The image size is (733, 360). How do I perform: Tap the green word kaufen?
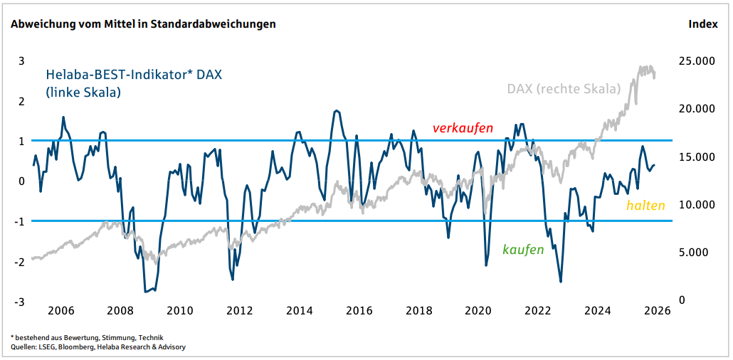coord(523,249)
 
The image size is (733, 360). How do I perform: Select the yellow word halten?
coord(645,206)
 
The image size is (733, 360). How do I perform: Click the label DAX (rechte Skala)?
coord(564,89)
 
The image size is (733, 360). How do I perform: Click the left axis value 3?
coord(21,60)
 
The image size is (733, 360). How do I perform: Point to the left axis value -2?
coord(20,262)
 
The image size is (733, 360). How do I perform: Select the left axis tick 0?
coord(21,181)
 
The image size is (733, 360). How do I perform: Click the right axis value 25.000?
coord(695,61)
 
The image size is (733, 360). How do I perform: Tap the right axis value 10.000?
coord(695,205)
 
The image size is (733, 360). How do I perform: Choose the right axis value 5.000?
coord(697,253)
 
